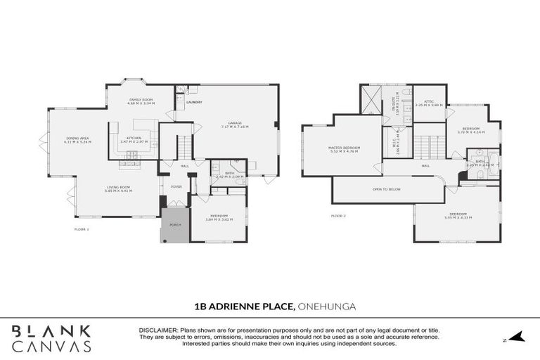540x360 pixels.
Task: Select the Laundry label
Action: click(194, 103)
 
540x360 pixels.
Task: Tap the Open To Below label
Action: click(387, 189)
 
